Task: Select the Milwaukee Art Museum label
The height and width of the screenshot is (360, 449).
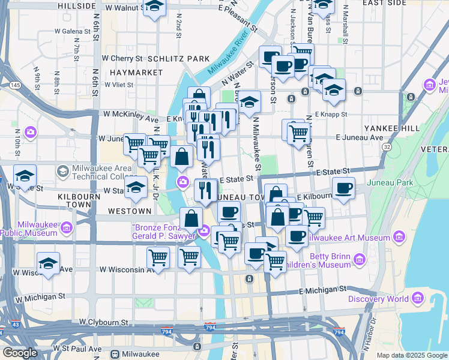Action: (349, 238)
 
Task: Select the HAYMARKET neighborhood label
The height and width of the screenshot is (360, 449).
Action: (128, 73)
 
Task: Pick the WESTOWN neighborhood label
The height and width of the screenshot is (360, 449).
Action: (130, 211)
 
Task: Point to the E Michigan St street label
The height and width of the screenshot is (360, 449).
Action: (323, 290)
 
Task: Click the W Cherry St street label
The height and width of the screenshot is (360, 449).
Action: (122, 59)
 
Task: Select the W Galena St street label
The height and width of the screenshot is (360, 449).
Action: (73, 30)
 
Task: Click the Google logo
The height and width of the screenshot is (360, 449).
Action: (20, 353)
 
